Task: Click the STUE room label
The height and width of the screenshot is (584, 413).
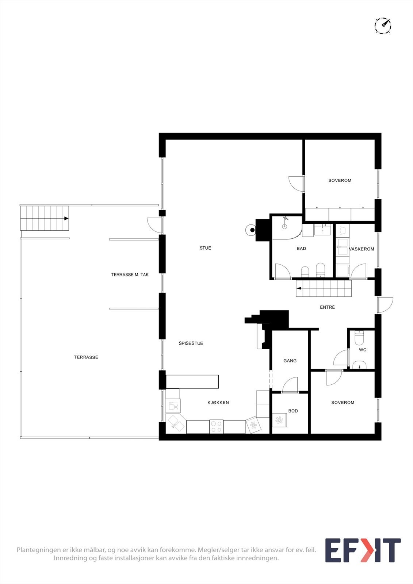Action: tap(205, 248)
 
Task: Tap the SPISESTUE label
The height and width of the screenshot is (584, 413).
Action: tap(191, 343)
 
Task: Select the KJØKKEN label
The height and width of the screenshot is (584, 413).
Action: tap(218, 403)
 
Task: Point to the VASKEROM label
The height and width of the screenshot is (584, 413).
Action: tap(362, 249)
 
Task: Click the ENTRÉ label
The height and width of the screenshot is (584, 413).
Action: tap(327, 307)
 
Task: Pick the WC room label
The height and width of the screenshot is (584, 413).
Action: tap(363, 350)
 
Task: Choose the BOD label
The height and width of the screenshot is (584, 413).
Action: tap(293, 411)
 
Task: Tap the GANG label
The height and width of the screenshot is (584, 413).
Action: tap(290, 361)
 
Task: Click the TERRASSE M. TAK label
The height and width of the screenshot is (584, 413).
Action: tap(130, 275)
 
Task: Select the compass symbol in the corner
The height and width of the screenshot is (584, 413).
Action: tap(383, 26)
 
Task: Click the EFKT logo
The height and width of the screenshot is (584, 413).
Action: tap(363, 550)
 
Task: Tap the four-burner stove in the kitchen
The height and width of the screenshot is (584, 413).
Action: tap(217, 426)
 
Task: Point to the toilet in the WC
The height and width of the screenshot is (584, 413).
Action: tap(359, 338)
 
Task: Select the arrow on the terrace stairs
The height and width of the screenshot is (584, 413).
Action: tap(66, 218)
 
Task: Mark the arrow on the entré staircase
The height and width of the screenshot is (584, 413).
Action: tap(299, 288)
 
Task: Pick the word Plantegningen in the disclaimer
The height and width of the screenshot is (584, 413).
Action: tap(38, 550)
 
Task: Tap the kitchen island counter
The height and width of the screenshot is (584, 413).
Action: tap(192, 382)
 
